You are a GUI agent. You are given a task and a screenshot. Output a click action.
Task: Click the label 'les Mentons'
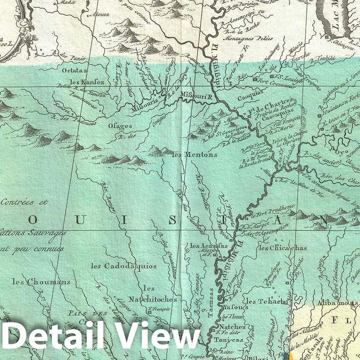pos(194,154)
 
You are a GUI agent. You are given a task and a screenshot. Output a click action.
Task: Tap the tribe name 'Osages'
pos(120,126)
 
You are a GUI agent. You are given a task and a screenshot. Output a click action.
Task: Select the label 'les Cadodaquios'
pos(124,266)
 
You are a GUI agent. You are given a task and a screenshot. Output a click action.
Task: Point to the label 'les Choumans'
pos(41,282)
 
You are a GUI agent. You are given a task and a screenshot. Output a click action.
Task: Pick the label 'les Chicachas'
pos(282,248)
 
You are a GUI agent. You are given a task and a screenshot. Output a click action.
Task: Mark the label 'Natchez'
pos(235,327)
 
